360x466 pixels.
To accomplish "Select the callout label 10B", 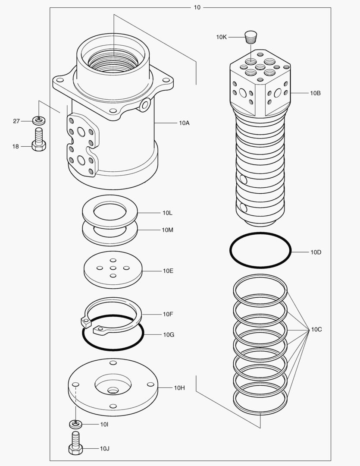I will (x=315, y=93).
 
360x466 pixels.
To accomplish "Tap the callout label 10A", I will (x=184, y=123).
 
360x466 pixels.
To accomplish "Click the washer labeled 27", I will (x=39, y=120).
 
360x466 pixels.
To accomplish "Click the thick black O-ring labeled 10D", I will (x=260, y=251).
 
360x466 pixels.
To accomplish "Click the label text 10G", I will (x=168, y=334).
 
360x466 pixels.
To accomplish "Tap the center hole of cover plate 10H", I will (x=113, y=390).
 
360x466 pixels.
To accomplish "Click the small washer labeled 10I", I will (x=76, y=424).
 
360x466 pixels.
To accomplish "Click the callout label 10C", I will (x=316, y=330).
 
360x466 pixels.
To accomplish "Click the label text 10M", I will (x=168, y=230).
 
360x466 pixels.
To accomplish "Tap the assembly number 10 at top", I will (x=197, y=7).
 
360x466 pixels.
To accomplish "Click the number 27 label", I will (x=16, y=121).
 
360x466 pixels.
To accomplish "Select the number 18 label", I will (x=16, y=147).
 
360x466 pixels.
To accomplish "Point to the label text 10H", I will (x=179, y=388).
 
